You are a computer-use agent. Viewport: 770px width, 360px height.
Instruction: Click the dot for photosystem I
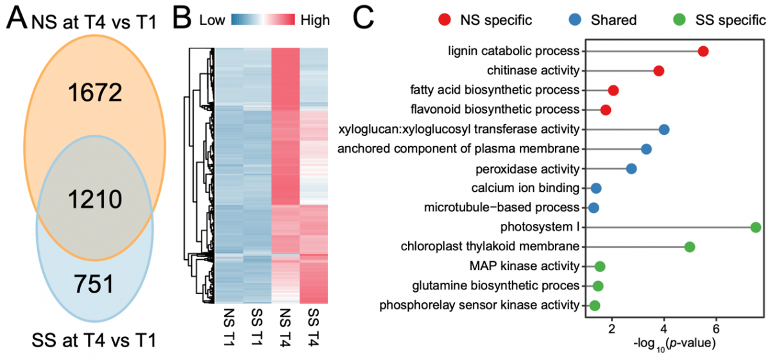[x=755, y=227]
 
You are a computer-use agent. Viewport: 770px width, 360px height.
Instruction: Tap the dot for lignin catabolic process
[x=703, y=51]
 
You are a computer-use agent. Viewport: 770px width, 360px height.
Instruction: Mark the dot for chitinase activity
[x=658, y=71]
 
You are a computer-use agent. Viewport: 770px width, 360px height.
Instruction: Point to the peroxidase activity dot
[x=631, y=169]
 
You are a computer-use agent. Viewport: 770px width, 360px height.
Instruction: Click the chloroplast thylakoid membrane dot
[x=690, y=246]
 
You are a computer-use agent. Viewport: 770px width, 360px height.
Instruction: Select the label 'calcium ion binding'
[x=526, y=188]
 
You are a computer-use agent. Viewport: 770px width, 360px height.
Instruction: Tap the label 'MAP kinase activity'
[x=529, y=266]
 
